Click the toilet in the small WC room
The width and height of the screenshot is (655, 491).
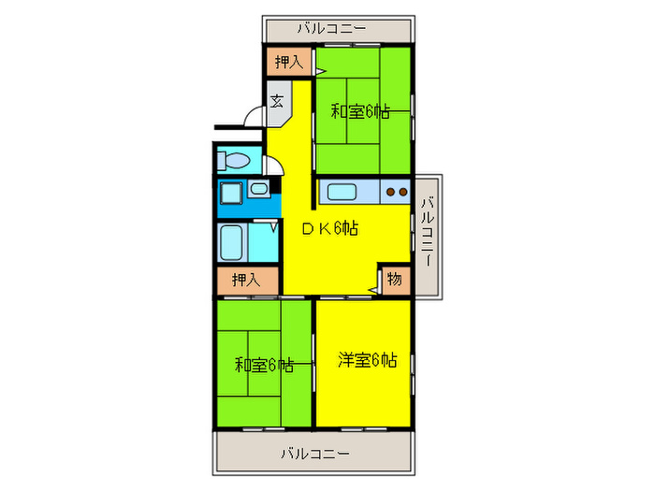click(235, 160)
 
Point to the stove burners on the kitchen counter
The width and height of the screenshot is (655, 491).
click(396, 193)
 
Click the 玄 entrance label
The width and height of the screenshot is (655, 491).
click(279, 101)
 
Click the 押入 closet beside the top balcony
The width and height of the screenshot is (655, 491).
click(287, 63)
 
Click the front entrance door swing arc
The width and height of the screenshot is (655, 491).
click(253, 115)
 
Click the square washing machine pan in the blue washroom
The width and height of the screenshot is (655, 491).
click(230, 195)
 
